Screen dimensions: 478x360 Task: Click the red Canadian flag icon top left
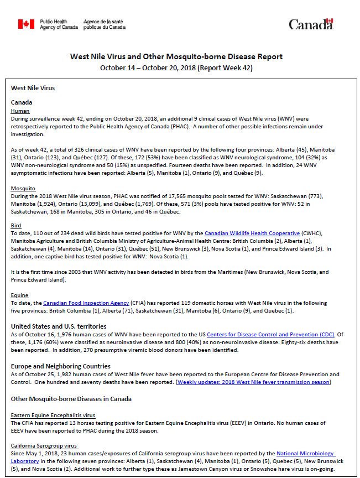26,24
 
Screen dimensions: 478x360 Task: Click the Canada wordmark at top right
311,24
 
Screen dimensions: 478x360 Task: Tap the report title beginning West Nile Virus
176,56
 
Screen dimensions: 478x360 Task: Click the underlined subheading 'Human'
20,111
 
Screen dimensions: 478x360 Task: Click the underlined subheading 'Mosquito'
23,188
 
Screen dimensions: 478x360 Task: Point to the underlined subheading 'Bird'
16,226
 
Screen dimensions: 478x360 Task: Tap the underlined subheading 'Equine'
20,295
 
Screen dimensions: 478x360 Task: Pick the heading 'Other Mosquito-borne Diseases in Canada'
71,399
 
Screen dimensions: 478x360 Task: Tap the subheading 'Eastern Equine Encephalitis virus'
53,415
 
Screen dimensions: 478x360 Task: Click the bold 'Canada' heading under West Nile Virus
22,102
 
